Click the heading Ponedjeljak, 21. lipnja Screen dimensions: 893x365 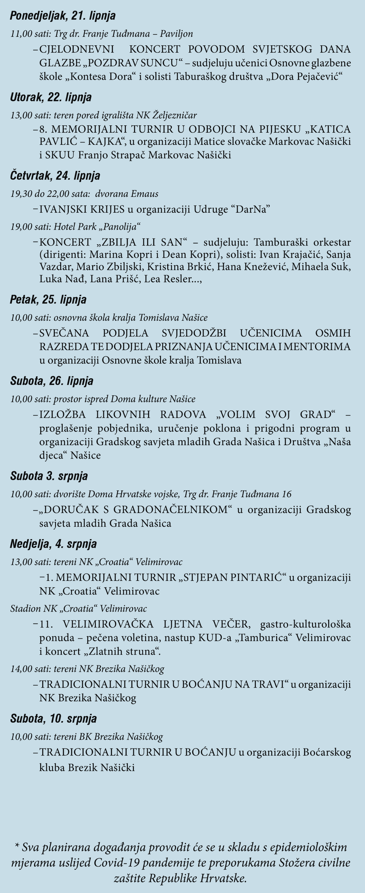coord(63,16)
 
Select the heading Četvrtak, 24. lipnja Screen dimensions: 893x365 coord(55,176)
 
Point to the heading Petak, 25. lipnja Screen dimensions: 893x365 coord(48,299)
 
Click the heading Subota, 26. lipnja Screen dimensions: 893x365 coord(52,381)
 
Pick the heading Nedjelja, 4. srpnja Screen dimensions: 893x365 coord(53,544)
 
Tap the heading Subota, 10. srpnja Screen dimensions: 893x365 coord(53,719)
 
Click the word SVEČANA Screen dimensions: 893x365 coord(64,333)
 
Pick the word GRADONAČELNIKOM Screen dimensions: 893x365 coord(170,510)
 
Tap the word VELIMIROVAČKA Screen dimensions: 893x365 coord(108,624)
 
